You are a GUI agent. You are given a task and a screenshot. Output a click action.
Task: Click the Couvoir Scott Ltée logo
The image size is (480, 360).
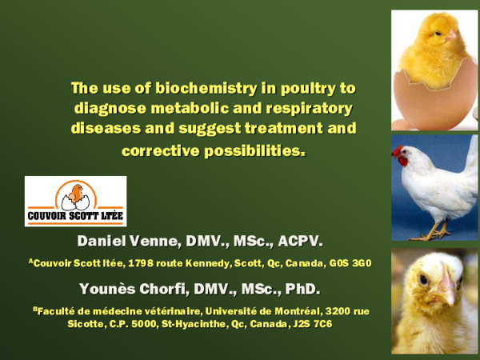click(75, 201)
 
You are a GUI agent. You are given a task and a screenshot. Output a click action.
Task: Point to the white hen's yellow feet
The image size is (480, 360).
click(437, 233)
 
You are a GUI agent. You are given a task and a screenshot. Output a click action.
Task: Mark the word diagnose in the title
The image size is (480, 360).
click(106, 108)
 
